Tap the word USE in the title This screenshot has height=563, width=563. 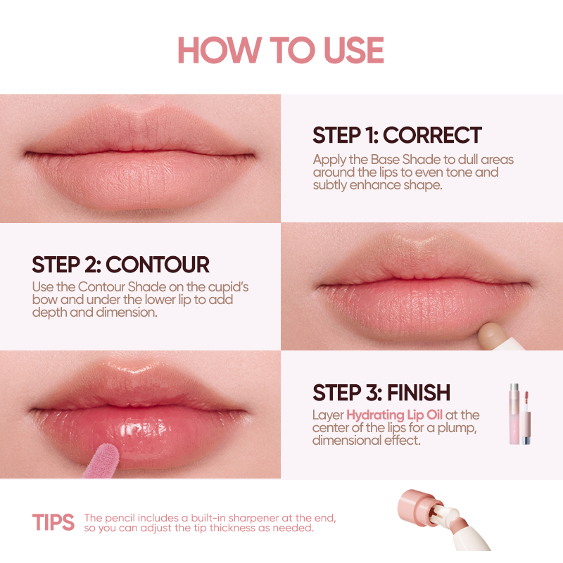coord(354,50)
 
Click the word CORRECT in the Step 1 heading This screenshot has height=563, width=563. coord(432,135)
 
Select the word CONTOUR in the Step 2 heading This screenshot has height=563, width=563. coord(157,265)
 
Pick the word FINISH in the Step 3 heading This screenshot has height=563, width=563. coord(419,393)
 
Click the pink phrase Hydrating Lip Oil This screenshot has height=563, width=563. coord(394,415)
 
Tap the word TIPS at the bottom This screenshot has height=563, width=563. coord(53,522)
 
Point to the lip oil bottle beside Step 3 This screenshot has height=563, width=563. coord(519,414)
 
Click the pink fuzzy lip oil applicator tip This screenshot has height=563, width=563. coord(103,461)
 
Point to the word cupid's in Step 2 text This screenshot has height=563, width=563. coord(228,287)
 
